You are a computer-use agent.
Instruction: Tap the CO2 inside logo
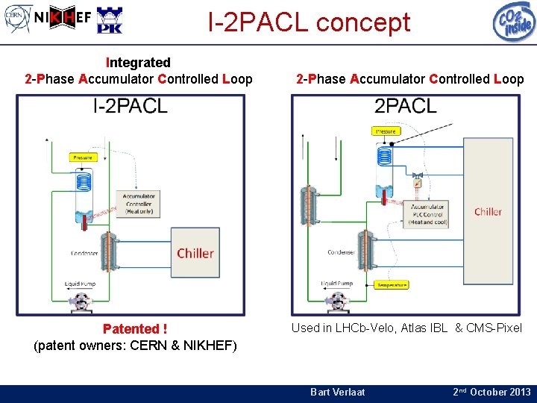pyautogui.click(x=514, y=21)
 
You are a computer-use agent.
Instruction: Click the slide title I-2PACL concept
pyautogui.click(x=309, y=22)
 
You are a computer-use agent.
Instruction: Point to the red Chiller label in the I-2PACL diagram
pyautogui.click(x=195, y=253)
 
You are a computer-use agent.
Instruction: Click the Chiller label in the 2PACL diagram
pyautogui.click(x=488, y=211)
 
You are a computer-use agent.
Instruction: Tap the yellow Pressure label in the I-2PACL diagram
pyautogui.click(x=83, y=157)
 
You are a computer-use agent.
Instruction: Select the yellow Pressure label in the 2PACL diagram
pyautogui.click(x=386, y=131)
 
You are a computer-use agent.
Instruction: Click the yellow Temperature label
pyautogui.click(x=392, y=284)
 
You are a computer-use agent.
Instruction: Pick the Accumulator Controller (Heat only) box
pyautogui.click(x=139, y=204)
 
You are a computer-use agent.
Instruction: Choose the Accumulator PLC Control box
pyautogui.click(x=428, y=214)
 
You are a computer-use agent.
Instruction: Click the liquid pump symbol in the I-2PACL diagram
pyautogui.click(x=79, y=301)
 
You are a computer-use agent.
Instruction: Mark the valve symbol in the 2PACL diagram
pyautogui.click(x=418, y=181)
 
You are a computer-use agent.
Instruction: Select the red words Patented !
pyautogui.click(x=135, y=329)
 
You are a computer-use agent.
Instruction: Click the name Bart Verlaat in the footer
pyautogui.click(x=337, y=392)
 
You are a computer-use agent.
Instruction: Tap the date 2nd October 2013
pyautogui.click(x=492, y=392)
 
